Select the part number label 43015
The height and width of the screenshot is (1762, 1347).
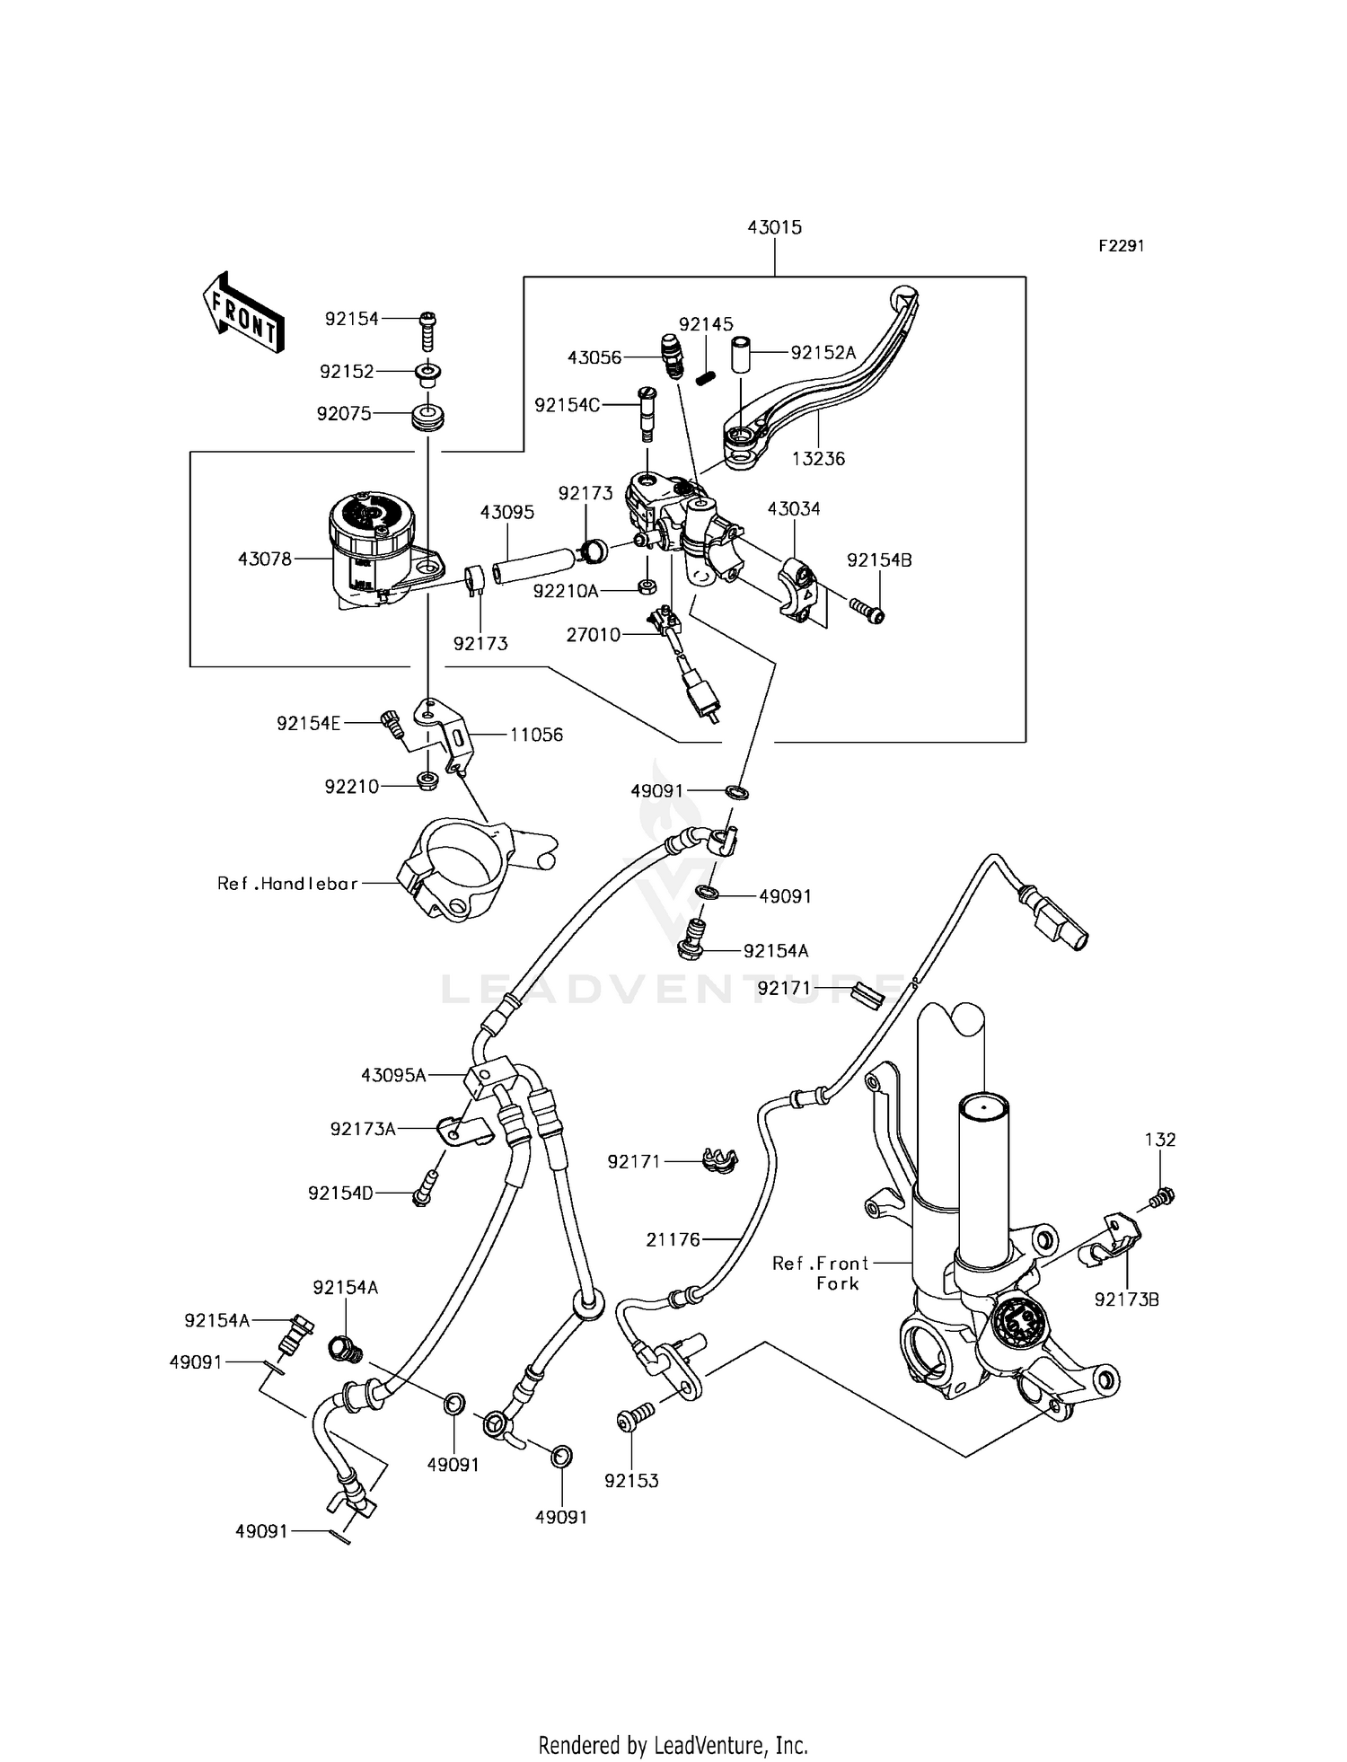coord(774,228)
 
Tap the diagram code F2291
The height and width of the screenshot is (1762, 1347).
coord(1122,246)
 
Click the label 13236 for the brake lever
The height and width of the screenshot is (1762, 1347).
coord(818,459)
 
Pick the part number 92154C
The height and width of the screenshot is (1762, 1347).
coord(567,405)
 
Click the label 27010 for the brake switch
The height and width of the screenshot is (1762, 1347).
coord(593,635)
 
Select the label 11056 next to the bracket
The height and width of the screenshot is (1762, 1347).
coord(536,735)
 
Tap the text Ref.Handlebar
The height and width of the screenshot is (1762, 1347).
coord(287,884)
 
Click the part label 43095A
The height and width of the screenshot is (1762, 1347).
coord(393,1075)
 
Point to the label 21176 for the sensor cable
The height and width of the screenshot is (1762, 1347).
coord(673,1240)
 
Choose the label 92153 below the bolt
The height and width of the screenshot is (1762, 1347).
coord(631,1481)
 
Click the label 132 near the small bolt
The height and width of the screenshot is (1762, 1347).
coord(1159,1140)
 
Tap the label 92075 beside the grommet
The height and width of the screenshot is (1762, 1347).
coord(343,414)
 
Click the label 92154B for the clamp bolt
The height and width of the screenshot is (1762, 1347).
coord(879,560)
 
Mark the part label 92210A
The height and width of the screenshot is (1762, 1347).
coord(565,591)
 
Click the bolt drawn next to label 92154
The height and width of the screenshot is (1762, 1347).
coord(428,331)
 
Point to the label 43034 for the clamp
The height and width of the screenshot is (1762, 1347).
coord(793,509)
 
